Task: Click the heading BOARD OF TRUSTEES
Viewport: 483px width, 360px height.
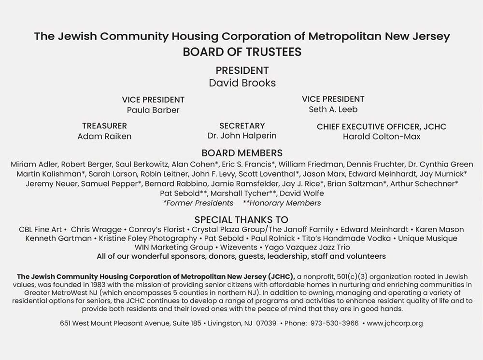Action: point(241,52)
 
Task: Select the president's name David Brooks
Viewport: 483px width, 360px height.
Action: point(242,83)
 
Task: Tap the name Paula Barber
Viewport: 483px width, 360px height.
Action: point(153,110)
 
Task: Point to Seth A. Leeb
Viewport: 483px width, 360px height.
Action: point(333,110)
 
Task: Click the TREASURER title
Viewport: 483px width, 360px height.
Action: point(104,126)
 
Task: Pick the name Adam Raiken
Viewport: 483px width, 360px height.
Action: point(104,137)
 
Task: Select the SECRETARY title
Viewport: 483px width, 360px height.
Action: point(242,126)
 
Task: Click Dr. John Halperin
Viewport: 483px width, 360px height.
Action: point(242,136)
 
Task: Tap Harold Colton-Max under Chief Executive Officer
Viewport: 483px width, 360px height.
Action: point(382,137)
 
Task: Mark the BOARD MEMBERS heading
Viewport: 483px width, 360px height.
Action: point(242,153)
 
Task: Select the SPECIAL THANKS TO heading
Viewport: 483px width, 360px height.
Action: point(241,220)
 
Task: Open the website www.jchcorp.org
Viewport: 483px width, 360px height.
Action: point(395,323)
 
